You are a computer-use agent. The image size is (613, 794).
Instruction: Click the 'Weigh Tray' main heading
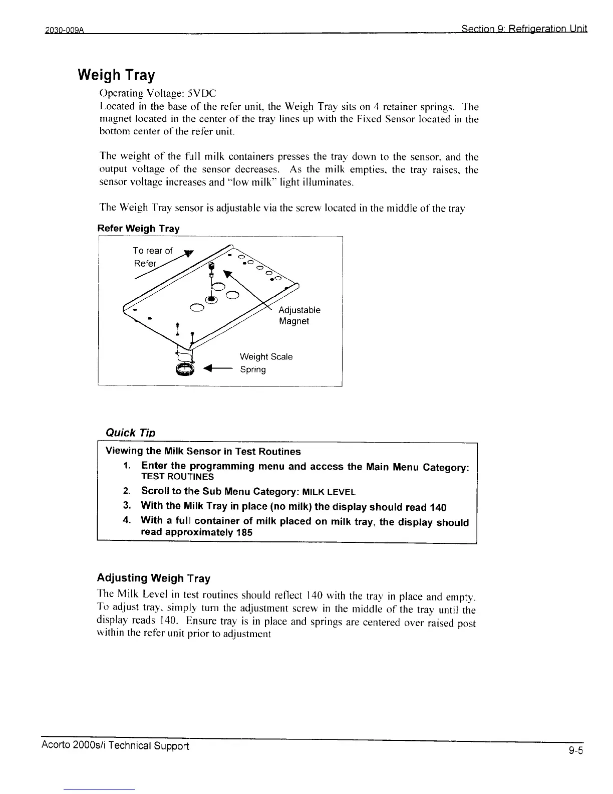pos(116,75)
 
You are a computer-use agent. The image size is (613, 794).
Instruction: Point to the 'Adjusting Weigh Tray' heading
pos(153,578)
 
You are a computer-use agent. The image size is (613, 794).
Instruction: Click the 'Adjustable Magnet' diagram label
pos(299,315)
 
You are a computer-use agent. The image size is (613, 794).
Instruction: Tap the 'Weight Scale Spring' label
pos(266,363)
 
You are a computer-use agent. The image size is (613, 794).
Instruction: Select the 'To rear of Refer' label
pos(152,257)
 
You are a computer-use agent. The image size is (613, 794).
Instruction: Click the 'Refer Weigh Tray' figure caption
pos(138,229)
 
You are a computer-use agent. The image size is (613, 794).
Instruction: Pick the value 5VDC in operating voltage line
pos(201,93)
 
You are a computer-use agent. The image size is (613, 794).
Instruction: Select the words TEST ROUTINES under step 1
pos(177,477)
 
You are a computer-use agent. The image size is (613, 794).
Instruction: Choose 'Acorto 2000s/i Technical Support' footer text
pos(115,746)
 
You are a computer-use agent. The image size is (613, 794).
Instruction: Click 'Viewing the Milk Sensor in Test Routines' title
pos(203,451)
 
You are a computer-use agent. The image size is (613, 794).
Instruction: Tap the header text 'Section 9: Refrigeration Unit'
pos(524,29)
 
